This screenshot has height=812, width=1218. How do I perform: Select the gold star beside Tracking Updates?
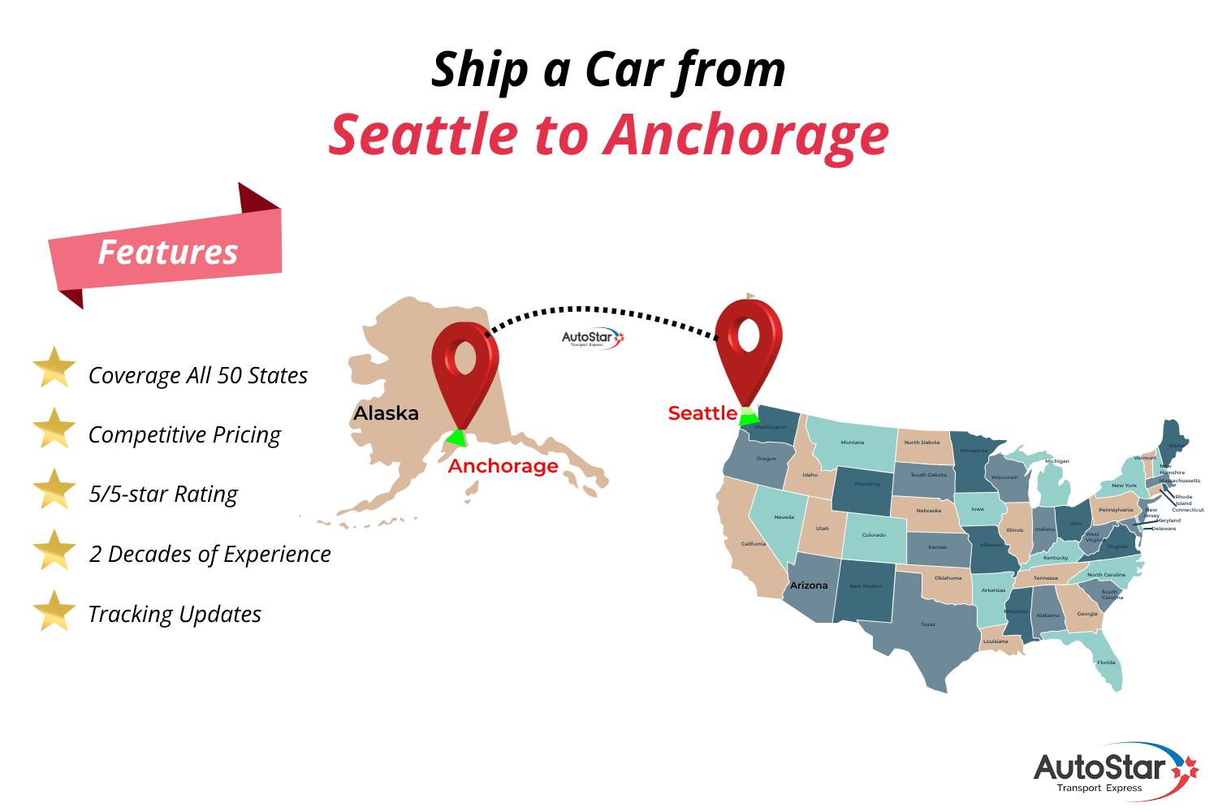coord(54,611)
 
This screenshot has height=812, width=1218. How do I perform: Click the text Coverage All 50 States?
coord(198,375)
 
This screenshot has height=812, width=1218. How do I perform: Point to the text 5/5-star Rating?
coord(163,495)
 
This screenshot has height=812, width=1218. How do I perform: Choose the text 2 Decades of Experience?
coord(210,554)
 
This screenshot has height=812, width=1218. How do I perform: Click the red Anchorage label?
coord(503,466)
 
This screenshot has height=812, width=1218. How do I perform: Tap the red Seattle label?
coord(702,413)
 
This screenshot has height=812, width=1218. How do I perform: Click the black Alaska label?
coord(386,413)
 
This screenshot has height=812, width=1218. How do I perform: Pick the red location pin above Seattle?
coord(748,345)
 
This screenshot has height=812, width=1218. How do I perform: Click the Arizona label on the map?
coord(809,585)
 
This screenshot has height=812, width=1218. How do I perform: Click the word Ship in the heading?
coord(480,71)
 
